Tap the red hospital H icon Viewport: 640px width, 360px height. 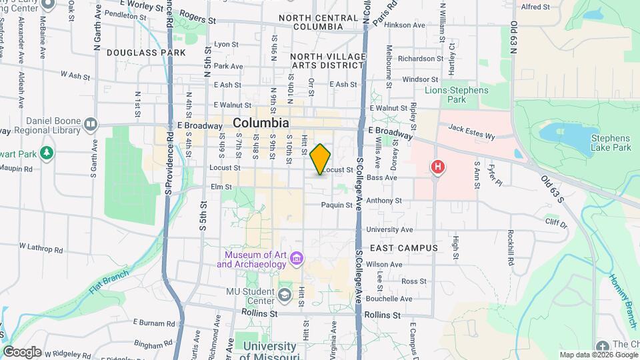coord(437,167)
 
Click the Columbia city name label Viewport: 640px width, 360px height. coord(261,123)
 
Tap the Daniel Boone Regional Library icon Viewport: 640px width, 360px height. coord(91,124)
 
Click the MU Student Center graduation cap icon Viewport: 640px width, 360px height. coord(285,295)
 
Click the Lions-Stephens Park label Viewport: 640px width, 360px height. coord(457,94)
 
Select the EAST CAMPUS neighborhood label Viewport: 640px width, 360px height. coord(404,248)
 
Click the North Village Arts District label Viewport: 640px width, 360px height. coord(327,61)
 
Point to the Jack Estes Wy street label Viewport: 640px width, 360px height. coord(471,132)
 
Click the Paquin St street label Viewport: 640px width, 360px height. coord(336,205)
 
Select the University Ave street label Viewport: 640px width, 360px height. coord(385,229)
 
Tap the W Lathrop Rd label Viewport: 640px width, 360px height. coord(41,248)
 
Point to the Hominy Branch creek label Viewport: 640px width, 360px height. coord(623,290)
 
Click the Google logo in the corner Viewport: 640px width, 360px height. coord(21,351)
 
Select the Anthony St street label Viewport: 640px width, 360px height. coord(384,200)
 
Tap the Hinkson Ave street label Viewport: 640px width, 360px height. coord(409,25)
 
